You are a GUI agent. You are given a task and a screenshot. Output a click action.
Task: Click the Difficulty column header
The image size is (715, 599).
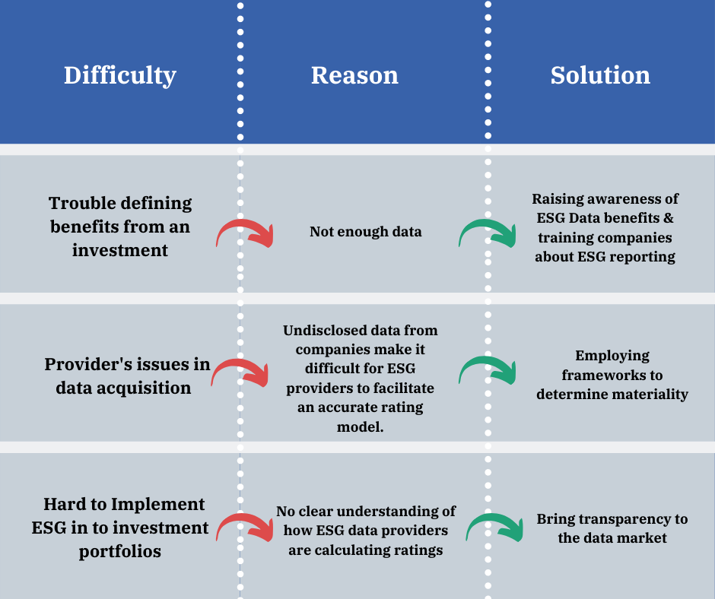tap(120, 76)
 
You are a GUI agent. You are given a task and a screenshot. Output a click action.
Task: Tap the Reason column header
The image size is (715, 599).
tap(354, 75)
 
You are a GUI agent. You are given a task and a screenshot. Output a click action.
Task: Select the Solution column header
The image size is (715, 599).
tap(600, 75)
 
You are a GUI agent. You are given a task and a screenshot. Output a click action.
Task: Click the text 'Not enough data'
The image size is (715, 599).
tap(366, 232)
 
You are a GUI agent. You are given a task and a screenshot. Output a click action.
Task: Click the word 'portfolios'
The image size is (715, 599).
tap(120, 552)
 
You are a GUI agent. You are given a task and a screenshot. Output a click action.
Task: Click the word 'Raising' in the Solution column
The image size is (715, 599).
tap(551, 198)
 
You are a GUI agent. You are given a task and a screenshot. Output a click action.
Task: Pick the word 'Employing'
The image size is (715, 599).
tap(612, 356)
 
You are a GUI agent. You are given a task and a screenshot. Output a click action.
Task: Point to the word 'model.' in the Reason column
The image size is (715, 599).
tap(361, 426)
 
